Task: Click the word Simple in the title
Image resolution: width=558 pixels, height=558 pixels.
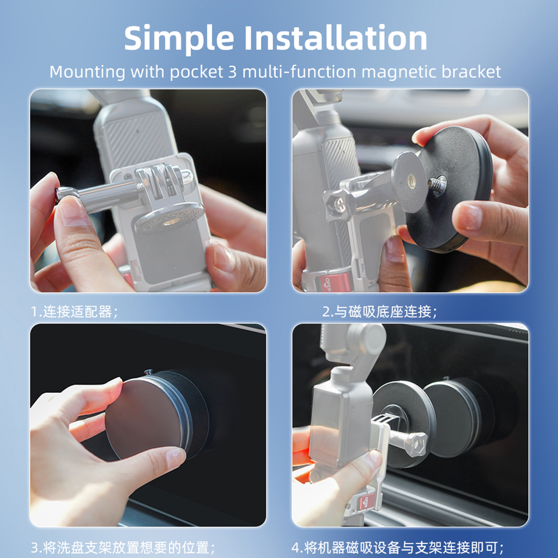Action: click(x=179, y=39)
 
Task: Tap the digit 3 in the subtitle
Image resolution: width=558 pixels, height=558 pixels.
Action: click(x=232, y=72)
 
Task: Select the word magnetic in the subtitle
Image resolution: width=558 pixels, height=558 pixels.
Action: click(x=399, y=72)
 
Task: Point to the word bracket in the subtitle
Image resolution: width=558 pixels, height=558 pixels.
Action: click(x=471, y=72)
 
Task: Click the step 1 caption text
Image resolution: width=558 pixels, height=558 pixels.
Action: click(x=74, y=312)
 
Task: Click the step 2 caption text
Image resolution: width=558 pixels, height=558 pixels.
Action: click(x=379, y=312)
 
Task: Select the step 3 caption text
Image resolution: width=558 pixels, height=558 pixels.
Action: click(x=123, y=547)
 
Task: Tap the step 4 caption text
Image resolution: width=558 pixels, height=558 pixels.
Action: click(x=397, y=547)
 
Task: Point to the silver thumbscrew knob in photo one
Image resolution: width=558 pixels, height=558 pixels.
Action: click(x=67, y=195)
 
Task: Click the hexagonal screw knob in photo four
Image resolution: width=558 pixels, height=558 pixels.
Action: click(x=416, y=444)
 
